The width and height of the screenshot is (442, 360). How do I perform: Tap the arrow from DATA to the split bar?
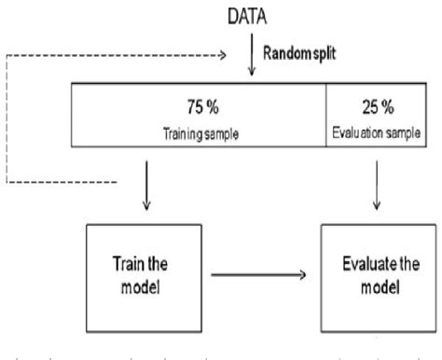[x=255, y=62]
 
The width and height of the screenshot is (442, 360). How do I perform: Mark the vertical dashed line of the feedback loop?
[x=7, y=117]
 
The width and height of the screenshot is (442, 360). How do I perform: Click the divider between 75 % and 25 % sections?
[x=324, y=118]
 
